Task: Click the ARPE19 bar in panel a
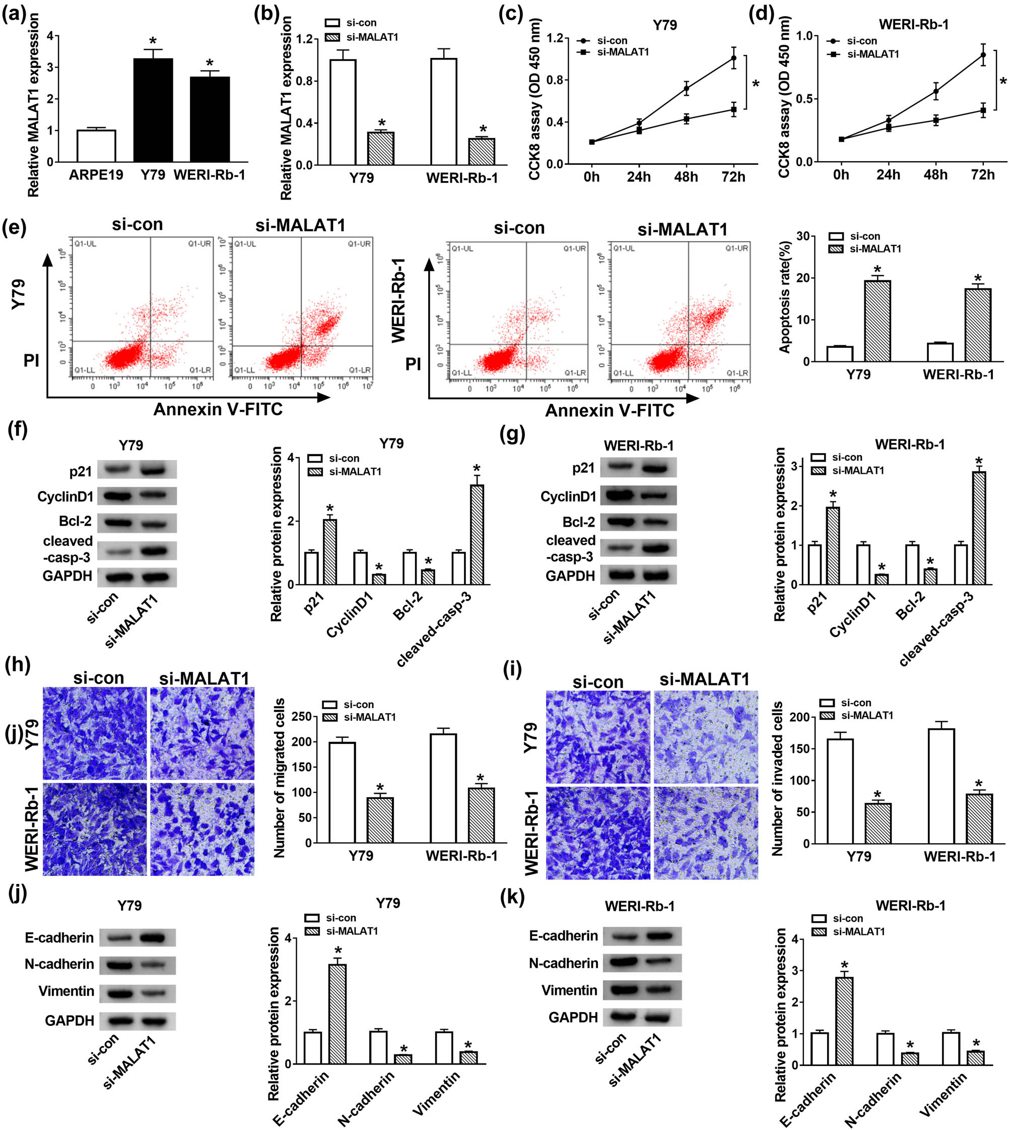click(96, 146)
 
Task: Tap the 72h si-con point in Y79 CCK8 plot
click(733, 57)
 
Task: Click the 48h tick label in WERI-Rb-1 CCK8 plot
click(935, 175)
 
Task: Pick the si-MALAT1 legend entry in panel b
click(361, 37)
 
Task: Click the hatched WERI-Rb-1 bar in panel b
click(481, 151)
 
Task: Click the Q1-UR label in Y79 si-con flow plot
click(199, 243)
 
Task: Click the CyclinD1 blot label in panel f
click(65, 496)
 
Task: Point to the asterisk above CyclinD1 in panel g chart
click(882, 567)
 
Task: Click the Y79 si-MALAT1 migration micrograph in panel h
click(203, 733)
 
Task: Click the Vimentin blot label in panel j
click(66, 991)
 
